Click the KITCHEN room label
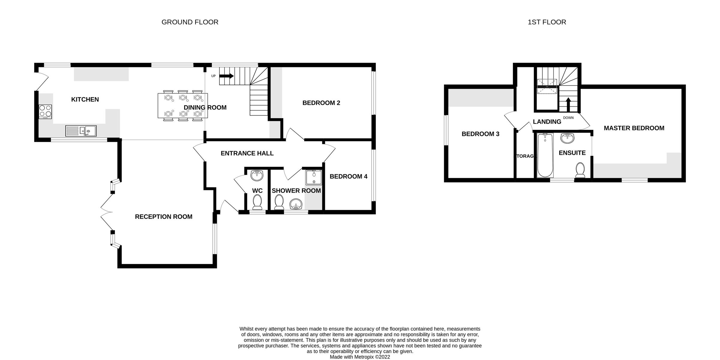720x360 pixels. [85, 100]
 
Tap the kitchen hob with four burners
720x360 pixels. [45, 111]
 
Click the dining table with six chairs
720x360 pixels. [183, 106]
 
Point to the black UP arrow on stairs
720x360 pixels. [227, 76]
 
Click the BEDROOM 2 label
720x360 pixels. [321, 103]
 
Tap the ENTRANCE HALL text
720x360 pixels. [247, 153]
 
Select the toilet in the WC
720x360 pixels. [257, 202]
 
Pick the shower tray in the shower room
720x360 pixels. [314, 178]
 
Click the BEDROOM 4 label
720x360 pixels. [348, 176]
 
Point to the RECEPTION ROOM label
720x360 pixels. [163, 217]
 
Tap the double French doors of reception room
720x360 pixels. [106, 212]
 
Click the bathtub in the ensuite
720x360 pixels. [545, 155]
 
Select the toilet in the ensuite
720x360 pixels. [580, 170]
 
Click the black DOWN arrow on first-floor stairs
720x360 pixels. [568, 104]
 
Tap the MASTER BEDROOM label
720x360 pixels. [634, 128]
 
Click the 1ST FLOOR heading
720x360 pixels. [547, 22]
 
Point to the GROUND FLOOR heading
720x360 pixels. [190, 22]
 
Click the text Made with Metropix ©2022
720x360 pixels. [360, 357]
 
